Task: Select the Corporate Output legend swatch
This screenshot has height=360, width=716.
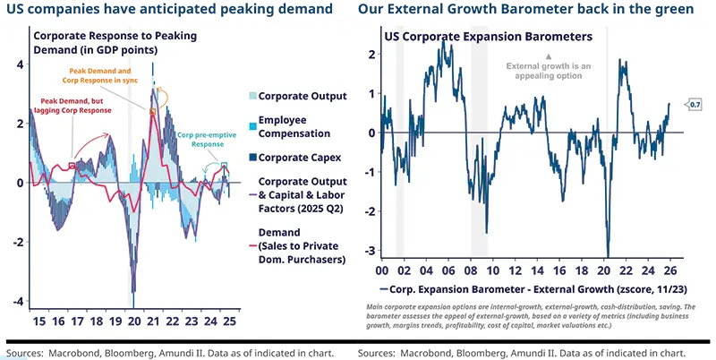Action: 251,96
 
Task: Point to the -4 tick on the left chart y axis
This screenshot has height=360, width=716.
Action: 19,301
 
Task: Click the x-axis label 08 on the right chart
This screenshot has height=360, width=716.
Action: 473,270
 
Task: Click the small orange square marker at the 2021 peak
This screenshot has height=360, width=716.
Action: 153,112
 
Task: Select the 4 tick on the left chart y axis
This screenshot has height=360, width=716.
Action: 19,64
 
